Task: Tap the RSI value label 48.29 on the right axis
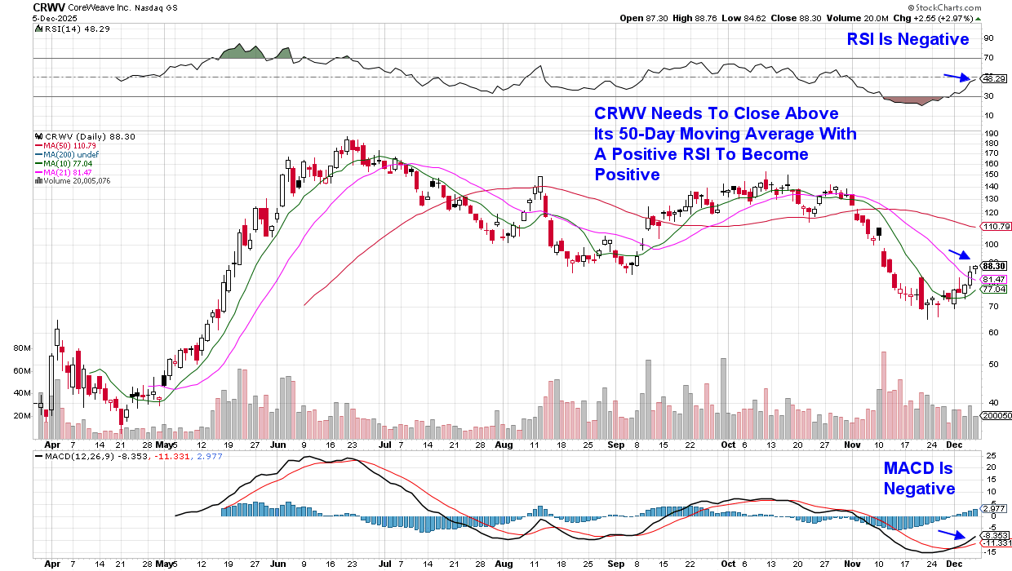pos(993,79)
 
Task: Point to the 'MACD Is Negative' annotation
pos(919,479)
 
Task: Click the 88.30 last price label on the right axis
pos(994,266)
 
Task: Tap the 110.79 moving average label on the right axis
pos(995,226)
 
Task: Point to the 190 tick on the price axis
pos(989,133)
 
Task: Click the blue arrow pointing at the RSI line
pos(957,78)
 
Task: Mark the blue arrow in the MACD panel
pos(950,536)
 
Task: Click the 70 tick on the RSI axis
pos(988,58)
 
